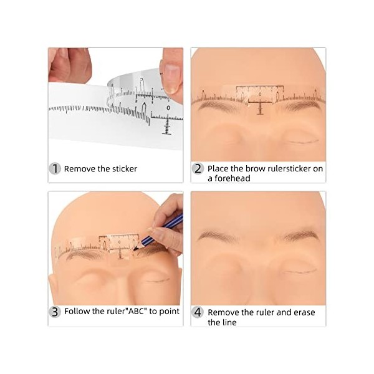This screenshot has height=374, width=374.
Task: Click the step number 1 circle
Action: click(x=55, y=168)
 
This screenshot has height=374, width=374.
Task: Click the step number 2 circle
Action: click(x=198, y=168)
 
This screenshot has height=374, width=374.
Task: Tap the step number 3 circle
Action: click(x=55, y=311)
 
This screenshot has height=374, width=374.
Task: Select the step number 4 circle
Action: click(x=198, y=311)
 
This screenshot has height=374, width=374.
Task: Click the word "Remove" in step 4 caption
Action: click(x=223, y=312)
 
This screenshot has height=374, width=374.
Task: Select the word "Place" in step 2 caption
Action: click(x=218, y=168)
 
